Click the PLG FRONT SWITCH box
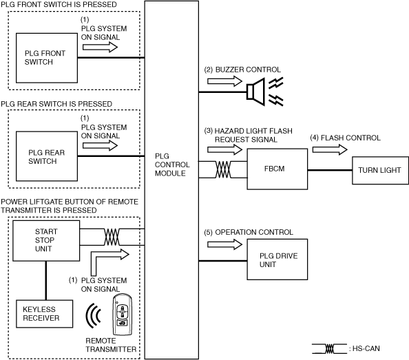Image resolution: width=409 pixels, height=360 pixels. [x=47, y=58]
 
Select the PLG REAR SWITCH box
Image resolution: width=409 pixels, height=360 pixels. [x=47, y=156]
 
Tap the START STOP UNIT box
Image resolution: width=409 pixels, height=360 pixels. [x=46, y=241]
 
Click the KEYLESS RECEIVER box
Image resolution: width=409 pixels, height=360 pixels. [x=44, y=314]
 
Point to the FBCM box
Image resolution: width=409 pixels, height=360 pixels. [x=277, y=169]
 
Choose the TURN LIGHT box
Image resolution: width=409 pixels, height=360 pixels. [x=380, y=170]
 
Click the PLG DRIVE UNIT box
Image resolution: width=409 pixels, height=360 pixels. [x=277, y=260]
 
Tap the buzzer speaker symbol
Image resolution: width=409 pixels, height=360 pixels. [x=256, y=92]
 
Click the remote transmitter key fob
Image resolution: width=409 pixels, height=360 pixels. [x=123, y=314]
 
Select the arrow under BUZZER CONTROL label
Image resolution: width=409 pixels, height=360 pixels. [x=225, y=81]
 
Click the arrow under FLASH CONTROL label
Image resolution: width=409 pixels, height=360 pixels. [x=330, y=149]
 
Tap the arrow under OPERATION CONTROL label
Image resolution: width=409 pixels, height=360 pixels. [x=225, y=244]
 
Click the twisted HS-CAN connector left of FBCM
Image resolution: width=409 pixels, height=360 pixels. [x=223, y=169]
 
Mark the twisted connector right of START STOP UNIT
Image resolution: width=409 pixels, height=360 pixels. [x=112, y=237]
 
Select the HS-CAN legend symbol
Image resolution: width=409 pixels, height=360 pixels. [x=329, y=349]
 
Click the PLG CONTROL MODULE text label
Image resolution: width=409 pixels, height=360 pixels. [x=172, y=165]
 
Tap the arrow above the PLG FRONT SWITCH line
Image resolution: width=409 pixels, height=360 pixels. [x=100, y=47]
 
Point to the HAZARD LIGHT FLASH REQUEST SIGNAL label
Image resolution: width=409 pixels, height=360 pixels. [x=249, y=135]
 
